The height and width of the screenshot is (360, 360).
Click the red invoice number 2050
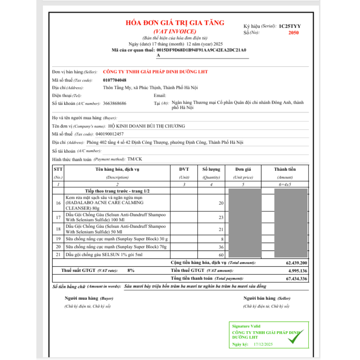coord(293,33)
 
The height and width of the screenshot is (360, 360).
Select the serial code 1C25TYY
coord(290,26)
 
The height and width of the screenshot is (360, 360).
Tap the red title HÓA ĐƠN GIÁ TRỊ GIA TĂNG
coord(175,23)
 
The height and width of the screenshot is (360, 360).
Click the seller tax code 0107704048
coord(114,80)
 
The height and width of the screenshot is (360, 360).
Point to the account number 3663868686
coord(114,103)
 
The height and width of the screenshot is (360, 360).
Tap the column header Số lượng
coord(211,169)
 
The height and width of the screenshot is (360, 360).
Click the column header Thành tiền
coord(285,169)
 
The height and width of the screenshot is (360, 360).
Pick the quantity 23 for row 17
coord(221,217)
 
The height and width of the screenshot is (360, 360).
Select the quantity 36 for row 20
coord(221,247)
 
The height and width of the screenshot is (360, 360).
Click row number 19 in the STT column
coord(58,239)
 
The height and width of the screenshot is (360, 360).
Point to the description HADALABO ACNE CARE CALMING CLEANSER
coord(104,203)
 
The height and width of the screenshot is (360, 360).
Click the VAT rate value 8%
coord(131,270)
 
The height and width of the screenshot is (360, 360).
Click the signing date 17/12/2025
coord(264,345)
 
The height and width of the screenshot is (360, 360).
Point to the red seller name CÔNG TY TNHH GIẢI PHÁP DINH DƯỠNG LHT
coord(155,72)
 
